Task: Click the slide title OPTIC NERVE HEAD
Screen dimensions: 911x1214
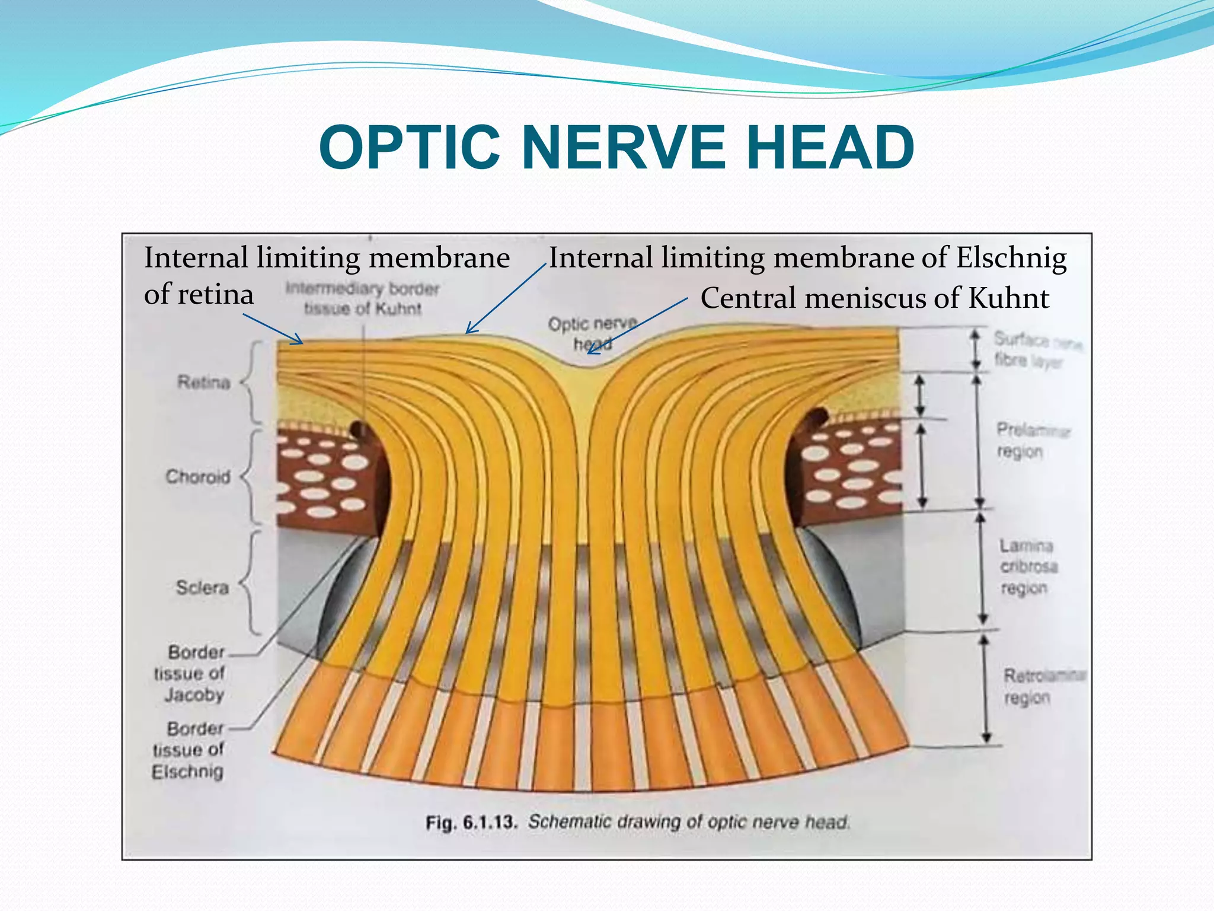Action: pos(616,148)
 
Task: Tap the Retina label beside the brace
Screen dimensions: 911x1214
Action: pos(204,382)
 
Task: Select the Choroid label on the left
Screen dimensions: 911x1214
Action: pos(198,476)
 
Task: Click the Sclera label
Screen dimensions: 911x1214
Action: pos(202,588)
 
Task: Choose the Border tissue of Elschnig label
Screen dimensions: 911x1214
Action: pos(189,750)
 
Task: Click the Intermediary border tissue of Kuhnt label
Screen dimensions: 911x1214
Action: pos(362,298)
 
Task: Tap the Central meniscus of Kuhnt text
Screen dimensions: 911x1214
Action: pos(875,298)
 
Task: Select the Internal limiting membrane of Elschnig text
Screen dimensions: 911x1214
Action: pos(807,258)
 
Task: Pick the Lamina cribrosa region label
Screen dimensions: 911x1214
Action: pos(1028,566)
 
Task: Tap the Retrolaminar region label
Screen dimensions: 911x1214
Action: pos(1043,686)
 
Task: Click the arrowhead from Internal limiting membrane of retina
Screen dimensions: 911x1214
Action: pos(299,342)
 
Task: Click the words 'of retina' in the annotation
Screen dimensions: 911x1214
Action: pos(199,294)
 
